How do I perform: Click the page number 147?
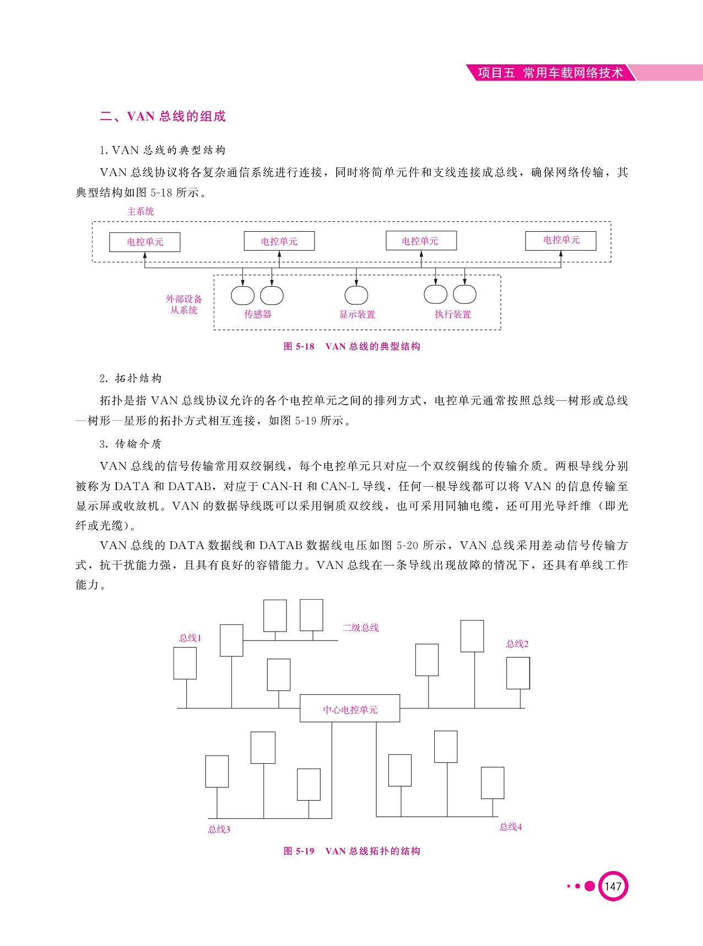click(x=613, y=886)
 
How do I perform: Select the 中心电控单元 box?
click(x=350, y=709)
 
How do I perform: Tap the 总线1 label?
click(x=190, y=638)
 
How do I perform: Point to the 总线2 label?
click(x=517, y=644)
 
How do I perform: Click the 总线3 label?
click(x=219, y=829)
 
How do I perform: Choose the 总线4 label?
click(x=511, y=827)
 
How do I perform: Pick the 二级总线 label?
click(x=361, y=628)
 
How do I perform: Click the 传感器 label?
click(x=258, y=314)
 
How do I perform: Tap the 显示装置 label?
click(x=358, y=314)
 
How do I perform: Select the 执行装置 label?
click(x=453, y=314)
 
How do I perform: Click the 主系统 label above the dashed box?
click(x=141, y=211)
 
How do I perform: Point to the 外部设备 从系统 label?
click(x=184, y=305)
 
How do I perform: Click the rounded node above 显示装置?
click(x=356, y=295)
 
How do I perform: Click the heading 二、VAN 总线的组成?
click(x=163, y=116)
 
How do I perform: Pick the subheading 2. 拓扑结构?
click(x=131, y=378)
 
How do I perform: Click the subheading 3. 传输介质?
click(x=131, y=444)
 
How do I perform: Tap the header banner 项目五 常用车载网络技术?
click(x=550, y=73)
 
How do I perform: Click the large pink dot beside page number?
click(x=590, y=886)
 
